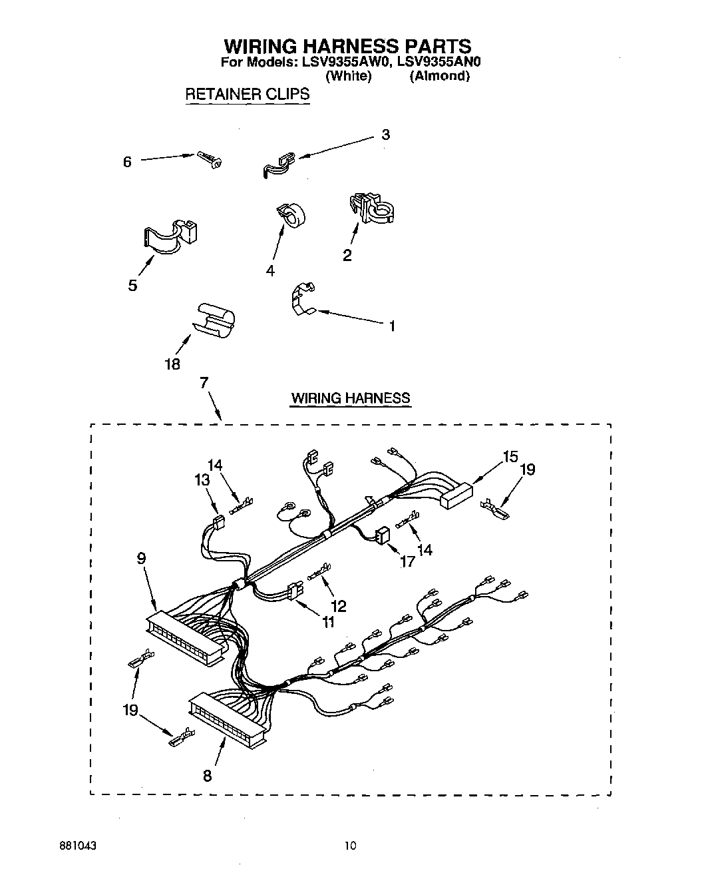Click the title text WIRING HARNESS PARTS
click(347, 46)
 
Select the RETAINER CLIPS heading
click(247, 94)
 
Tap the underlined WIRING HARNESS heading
click(351, 398)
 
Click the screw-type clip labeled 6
click(210, 158)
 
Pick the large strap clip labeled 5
click(172, 236)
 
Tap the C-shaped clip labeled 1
click(303, 297)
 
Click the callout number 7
click(204, 382)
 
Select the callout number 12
click(339, 606)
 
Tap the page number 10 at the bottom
click(350, 846)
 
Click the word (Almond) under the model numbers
click(440, 76)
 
